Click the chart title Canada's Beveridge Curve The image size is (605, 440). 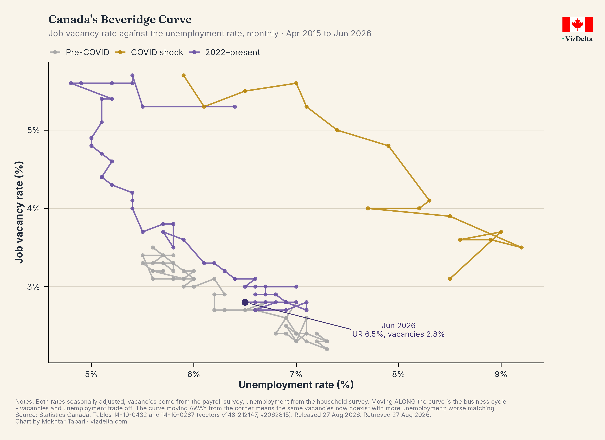120,19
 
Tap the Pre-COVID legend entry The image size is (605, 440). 80,52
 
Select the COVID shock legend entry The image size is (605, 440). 149,52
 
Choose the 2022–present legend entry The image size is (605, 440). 224,52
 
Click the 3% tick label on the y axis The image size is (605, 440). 33,287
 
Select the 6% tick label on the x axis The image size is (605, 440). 194,374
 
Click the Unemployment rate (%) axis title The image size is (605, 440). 296,385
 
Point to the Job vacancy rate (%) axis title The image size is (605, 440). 19,212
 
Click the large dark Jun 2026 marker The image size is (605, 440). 245,302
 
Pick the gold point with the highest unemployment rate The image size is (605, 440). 522,248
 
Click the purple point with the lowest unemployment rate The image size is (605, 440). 71,83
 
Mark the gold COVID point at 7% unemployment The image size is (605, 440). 296,83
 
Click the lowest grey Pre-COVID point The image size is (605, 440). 327,349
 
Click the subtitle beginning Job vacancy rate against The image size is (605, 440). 210,34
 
